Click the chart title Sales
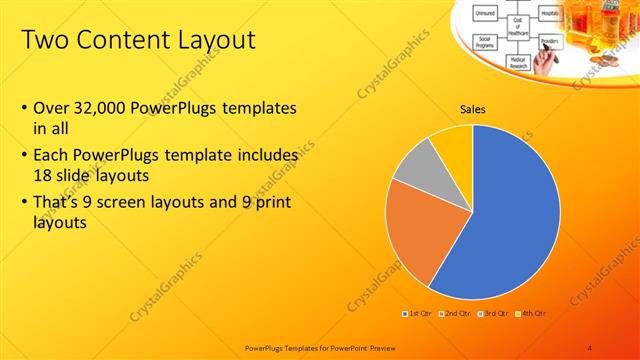473,110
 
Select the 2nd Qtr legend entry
456,313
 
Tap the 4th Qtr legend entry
532,313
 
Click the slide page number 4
590,346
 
